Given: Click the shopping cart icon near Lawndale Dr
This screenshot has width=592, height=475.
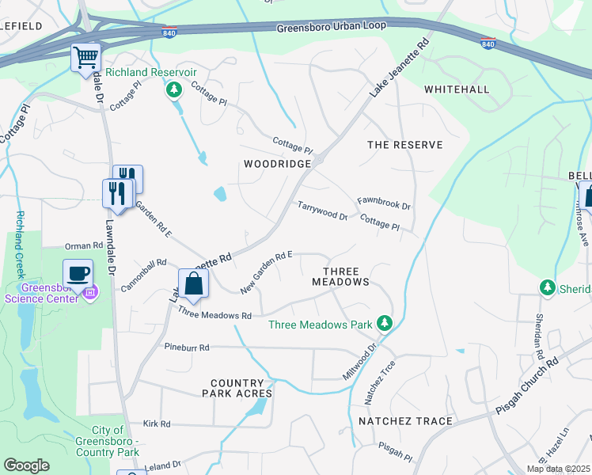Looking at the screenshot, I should point(85,58).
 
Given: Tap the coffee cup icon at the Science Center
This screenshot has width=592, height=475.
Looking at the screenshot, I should point(78,274).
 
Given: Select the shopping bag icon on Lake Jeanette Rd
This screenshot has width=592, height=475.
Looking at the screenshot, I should point(193,283).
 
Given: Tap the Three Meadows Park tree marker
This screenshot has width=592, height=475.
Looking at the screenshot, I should point(384,323).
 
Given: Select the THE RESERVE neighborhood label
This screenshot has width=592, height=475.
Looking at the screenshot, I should point(405,145).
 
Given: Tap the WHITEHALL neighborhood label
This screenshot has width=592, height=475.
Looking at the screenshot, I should point(457,89).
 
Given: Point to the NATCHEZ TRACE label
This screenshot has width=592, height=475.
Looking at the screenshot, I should point(405,421).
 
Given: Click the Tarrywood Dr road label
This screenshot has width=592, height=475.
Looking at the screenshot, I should point(322,211).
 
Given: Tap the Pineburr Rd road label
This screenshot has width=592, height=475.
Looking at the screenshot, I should point(187,347).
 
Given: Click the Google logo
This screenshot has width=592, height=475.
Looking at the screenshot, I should point(26,465).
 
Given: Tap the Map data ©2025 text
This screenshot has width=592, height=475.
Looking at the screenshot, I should point(557,469).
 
